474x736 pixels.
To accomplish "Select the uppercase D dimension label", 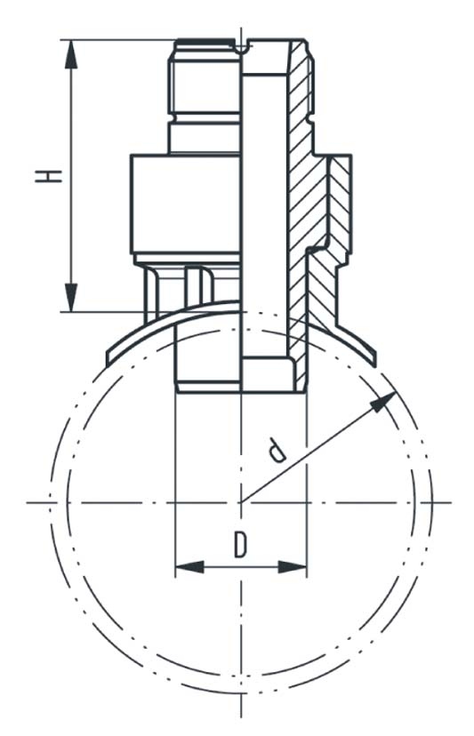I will click(x=240, y=544).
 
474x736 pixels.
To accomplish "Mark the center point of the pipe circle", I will click(x=241, y=504).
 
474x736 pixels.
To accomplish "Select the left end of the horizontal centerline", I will click(x=29, y=504).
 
